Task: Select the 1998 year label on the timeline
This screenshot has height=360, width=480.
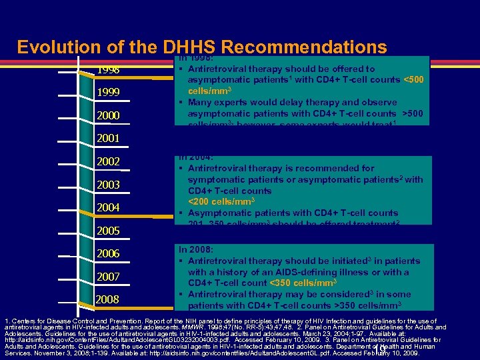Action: point(109,70)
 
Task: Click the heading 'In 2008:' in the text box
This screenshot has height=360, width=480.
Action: point(196,249)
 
